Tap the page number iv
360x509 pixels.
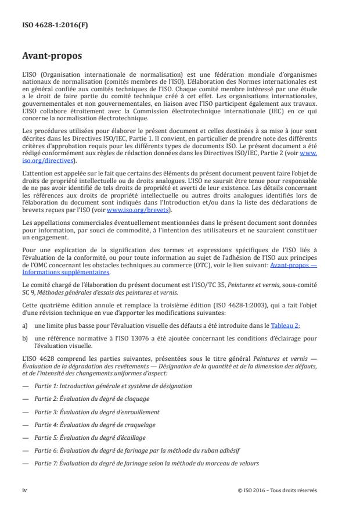tap(25, 490)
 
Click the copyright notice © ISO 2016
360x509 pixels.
tap(278, 490)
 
